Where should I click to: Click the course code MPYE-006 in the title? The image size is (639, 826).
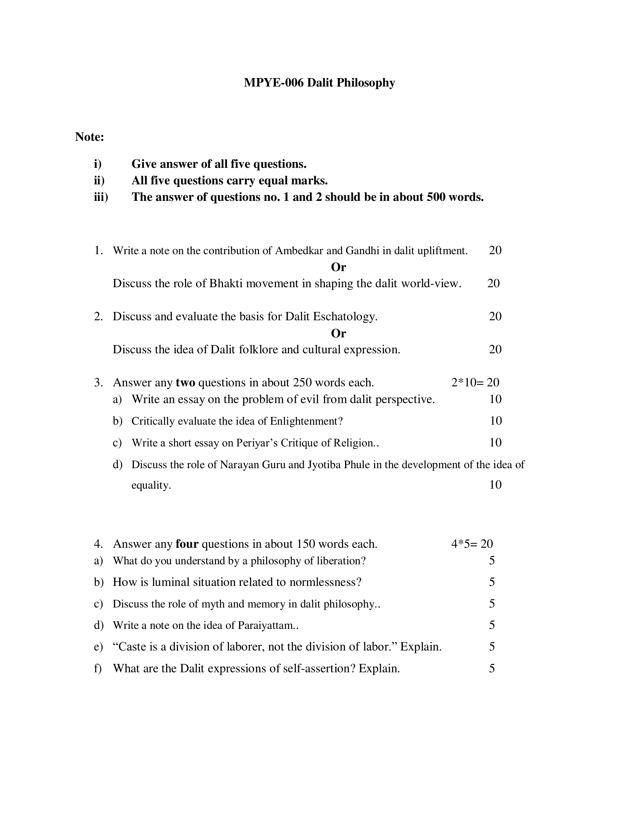pyautogui.click(x=273, y=83)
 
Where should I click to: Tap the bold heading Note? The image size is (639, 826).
pyautogui.click(x=89, y=137)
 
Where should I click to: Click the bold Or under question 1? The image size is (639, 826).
pyautogui.click(x=338, y=267)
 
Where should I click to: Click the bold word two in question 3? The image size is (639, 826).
pyautogui.click(x=185, y=383)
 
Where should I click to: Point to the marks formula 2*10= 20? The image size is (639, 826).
pyautogui.click(x=475, y=383)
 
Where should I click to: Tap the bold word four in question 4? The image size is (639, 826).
pyautogui.click(x=187, y=544)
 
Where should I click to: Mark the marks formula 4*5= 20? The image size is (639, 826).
pyautogui.click(x=472, y=544)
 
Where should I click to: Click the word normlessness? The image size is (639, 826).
pyautogui.click(x=325, y=582)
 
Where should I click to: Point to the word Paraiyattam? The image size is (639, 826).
pyautogui.click(x=268, y=626)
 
